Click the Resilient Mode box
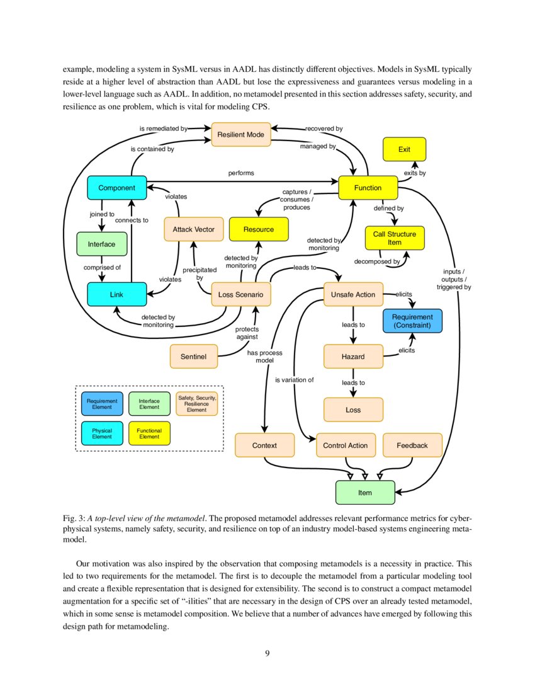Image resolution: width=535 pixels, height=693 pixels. click(240, 134)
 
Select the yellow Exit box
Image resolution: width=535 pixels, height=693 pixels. click(405, 149)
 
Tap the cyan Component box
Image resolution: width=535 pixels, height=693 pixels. click(116, 188)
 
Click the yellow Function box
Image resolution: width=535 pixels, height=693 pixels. click(368, 188)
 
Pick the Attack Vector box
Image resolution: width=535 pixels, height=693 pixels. click(194, 229)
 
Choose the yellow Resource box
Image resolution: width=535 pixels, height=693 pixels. click(259, 229)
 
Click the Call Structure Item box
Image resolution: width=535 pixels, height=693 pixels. click(395, 238)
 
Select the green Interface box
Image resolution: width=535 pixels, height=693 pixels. click(101, 244)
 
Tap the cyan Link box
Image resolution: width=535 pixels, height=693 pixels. click(116, 294)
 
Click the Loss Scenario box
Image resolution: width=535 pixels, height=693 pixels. click(241, 294)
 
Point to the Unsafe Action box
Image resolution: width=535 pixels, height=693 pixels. click(353, 294)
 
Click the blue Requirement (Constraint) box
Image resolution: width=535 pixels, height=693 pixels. click(412, 321)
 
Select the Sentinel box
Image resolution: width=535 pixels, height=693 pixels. click(194, 356)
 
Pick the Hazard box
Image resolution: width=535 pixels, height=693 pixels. click(353, 357)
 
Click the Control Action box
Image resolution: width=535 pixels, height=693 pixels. click(345, 445)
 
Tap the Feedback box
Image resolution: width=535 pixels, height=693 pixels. click(412, 445)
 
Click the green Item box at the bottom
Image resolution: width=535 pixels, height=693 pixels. click(365, 493)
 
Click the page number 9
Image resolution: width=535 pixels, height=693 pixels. click(267, 653)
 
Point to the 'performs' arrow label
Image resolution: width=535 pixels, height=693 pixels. click(242, 172)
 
